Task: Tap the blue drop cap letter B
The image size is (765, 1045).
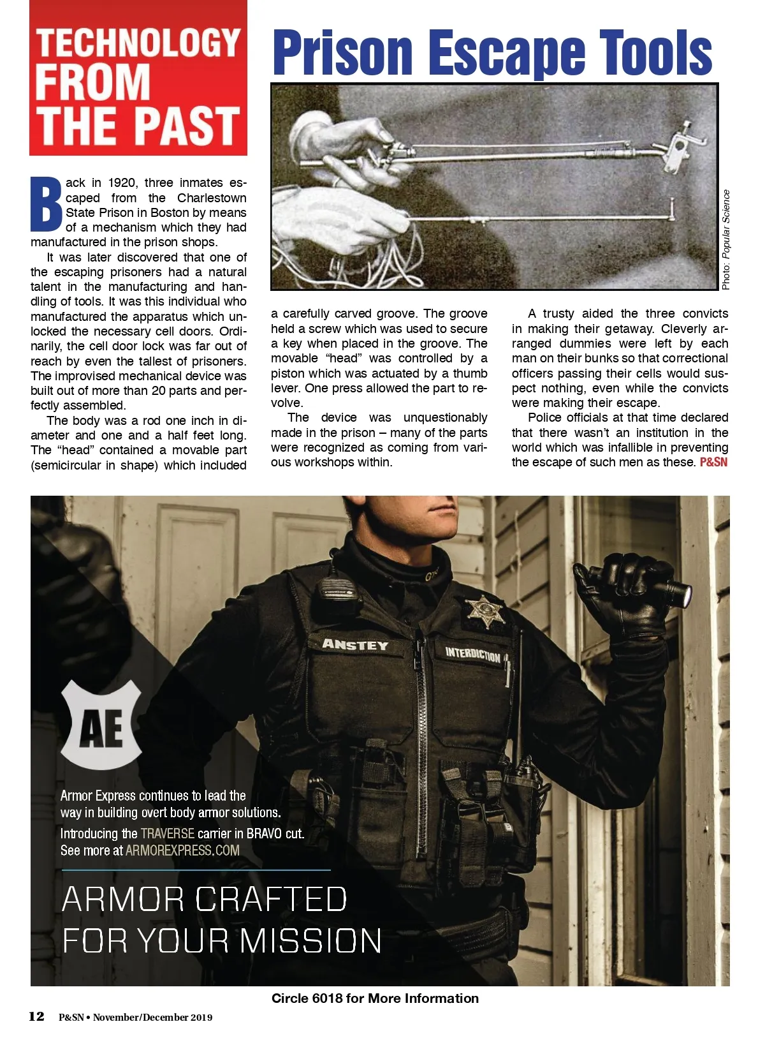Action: [46, 204]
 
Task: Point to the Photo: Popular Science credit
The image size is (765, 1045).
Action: [726, 240]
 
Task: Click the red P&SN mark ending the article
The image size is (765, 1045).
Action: [713, 462]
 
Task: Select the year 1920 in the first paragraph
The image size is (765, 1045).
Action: [121, 182]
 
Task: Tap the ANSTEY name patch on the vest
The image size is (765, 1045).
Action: [354, 644]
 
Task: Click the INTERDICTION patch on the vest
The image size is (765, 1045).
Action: [472, 654]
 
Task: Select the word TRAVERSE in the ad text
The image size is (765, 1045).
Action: [167, 833]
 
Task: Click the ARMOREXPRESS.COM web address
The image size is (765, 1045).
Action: [182, 850]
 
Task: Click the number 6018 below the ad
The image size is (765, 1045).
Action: [327, 998]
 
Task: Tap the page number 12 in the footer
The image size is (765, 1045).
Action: [36, 1016]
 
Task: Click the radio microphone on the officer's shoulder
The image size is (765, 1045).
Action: [333, 591]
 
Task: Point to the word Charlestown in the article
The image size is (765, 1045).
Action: [212, 198]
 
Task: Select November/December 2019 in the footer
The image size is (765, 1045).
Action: [152, 1018]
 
